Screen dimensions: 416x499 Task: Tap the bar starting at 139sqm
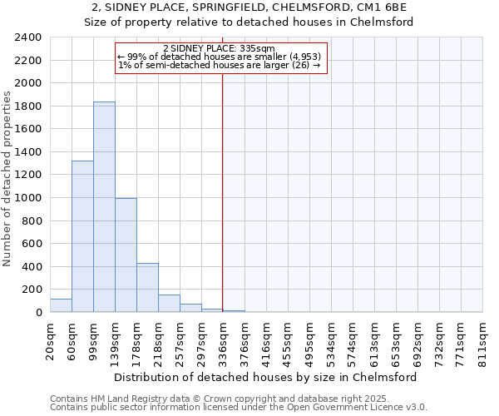point(126,255)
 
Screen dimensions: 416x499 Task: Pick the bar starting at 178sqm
point(147,287)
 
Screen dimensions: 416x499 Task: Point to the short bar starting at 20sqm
point(61,305)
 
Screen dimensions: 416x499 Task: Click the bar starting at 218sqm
point(169,303)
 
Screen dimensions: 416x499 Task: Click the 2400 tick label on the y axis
point(28,37)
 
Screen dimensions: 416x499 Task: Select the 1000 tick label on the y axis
point(28,198)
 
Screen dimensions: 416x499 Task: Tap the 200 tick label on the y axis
point(32,290)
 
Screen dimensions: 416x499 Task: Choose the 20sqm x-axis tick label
point(51,339)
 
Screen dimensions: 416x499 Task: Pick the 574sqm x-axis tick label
point(353,339)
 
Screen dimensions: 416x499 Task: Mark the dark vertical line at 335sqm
point(223,191)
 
